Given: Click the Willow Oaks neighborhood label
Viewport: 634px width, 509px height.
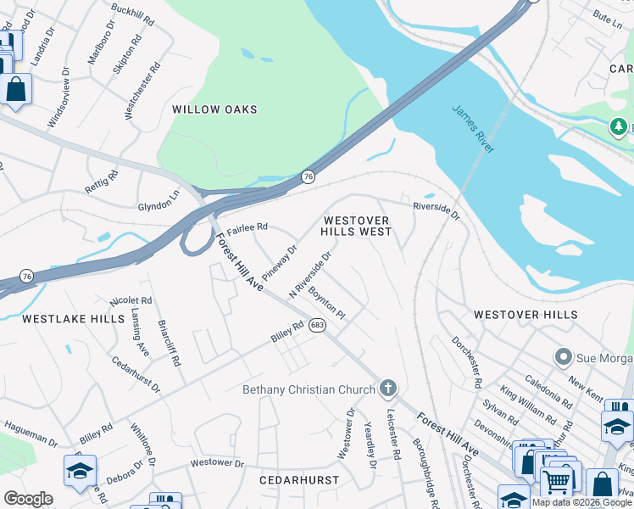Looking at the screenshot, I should click(214, 109).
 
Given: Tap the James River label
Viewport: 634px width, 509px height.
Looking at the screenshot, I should click(473, 129).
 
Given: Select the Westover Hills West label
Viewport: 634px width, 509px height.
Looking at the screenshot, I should click(356, 226).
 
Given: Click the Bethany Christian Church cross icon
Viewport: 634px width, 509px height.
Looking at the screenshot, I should click(388, 389).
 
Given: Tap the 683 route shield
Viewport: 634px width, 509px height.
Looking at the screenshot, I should click(317, 325).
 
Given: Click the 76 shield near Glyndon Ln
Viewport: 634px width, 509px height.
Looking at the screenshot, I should click(308, 176).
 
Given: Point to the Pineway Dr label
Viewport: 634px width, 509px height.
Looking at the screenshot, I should click(280, 263).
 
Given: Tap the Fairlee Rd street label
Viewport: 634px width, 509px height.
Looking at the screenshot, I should click(247, 227).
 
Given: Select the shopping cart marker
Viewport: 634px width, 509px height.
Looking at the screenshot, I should click(556, 481).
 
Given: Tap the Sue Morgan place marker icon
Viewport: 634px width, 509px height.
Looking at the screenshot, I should click(561, 356).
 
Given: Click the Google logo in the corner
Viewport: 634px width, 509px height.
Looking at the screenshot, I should click(28, 499).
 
